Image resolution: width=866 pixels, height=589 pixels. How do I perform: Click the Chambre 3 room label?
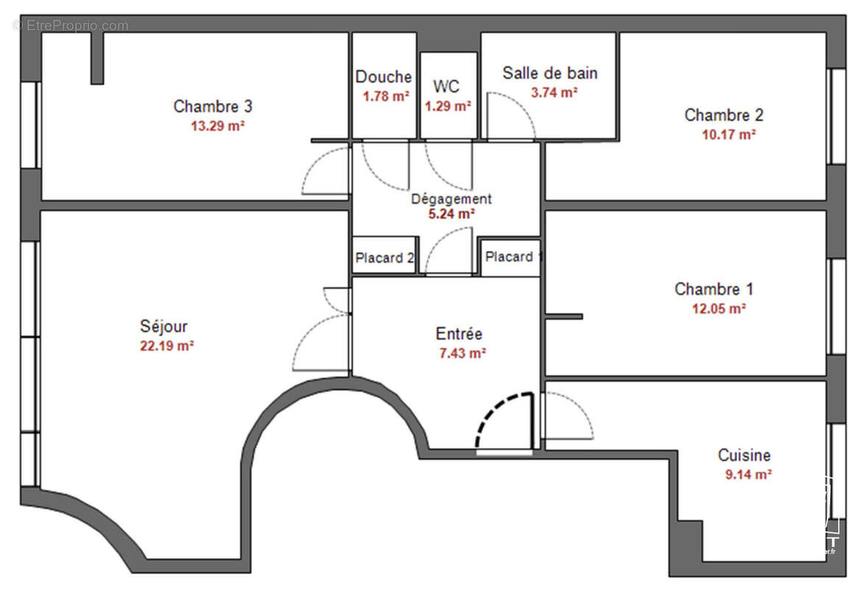coord(213,107)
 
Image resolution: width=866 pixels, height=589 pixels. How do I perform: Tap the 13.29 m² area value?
coord(217,126)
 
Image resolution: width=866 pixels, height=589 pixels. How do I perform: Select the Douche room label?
coord(384,77)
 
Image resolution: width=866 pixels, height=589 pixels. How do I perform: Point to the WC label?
coord(446,86)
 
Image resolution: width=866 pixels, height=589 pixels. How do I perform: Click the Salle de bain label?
coord(550,73)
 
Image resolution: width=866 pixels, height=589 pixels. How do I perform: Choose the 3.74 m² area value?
coord(554,92)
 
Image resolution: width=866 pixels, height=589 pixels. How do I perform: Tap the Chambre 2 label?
coord(724,115)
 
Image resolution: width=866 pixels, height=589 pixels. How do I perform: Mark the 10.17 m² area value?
coord(728,134)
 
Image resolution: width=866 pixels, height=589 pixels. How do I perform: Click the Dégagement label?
coord(451,199)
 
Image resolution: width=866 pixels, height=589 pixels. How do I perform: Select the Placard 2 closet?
coord(384,258)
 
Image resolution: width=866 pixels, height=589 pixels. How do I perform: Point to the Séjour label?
coord(163,325)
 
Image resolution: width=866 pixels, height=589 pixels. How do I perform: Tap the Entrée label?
coord(459,334)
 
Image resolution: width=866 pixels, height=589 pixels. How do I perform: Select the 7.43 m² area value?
coord(462,353)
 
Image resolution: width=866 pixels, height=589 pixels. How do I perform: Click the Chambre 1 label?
coord(714,289)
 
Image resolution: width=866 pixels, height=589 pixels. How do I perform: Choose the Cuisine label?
coord(744,456)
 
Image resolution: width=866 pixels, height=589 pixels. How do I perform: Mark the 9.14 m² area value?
coord(748,475)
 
